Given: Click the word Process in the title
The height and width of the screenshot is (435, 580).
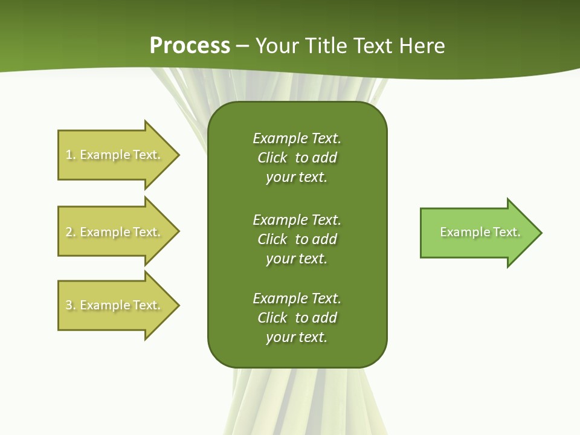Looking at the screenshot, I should coord(190,45).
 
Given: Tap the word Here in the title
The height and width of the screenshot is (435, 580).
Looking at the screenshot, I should coord(422,45).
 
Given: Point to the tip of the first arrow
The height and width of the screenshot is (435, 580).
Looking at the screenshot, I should coord(178,155).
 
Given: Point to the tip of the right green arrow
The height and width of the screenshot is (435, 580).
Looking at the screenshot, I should coord(541,233).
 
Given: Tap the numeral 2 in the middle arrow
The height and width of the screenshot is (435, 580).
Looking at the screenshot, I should coord(69,232).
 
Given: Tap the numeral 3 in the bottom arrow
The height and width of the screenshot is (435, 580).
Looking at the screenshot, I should coord(69,305).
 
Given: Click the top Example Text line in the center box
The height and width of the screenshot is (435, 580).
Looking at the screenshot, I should coord(297,138).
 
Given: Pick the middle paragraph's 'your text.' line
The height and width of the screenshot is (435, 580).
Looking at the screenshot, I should coord(297,259).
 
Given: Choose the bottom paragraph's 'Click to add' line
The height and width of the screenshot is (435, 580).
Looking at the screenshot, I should coord(297,318).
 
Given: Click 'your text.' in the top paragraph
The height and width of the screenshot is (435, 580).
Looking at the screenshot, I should coord(297,177).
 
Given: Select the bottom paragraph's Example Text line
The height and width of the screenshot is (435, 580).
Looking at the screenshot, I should coord(297,298).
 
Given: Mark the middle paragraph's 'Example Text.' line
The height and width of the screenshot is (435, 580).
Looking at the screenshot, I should coord(297,220).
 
